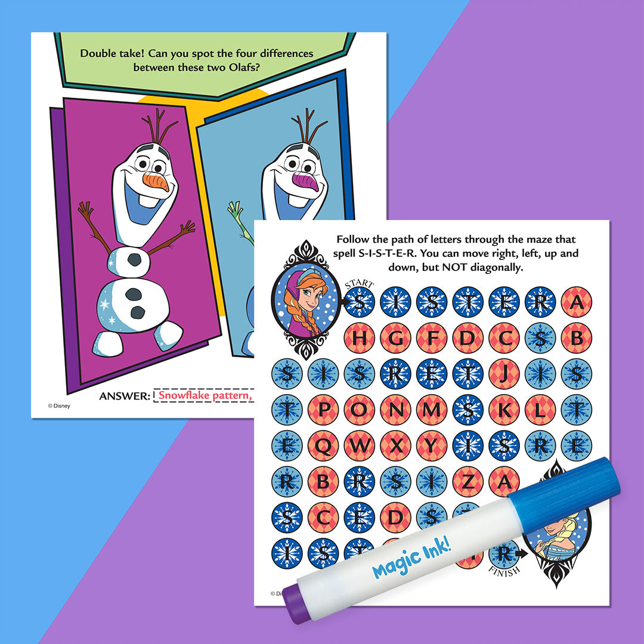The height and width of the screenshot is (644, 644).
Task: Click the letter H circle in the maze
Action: [359, 338]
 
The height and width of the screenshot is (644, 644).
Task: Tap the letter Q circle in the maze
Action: [323, 445]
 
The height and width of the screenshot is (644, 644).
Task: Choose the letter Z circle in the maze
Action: [468, 482]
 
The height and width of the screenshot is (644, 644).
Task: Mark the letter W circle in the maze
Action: [359, 445]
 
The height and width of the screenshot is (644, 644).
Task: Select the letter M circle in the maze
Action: [432, 410]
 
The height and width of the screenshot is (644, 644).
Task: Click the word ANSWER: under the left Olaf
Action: [125, 396]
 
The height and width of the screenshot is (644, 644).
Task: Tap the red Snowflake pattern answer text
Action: [203, 395]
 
